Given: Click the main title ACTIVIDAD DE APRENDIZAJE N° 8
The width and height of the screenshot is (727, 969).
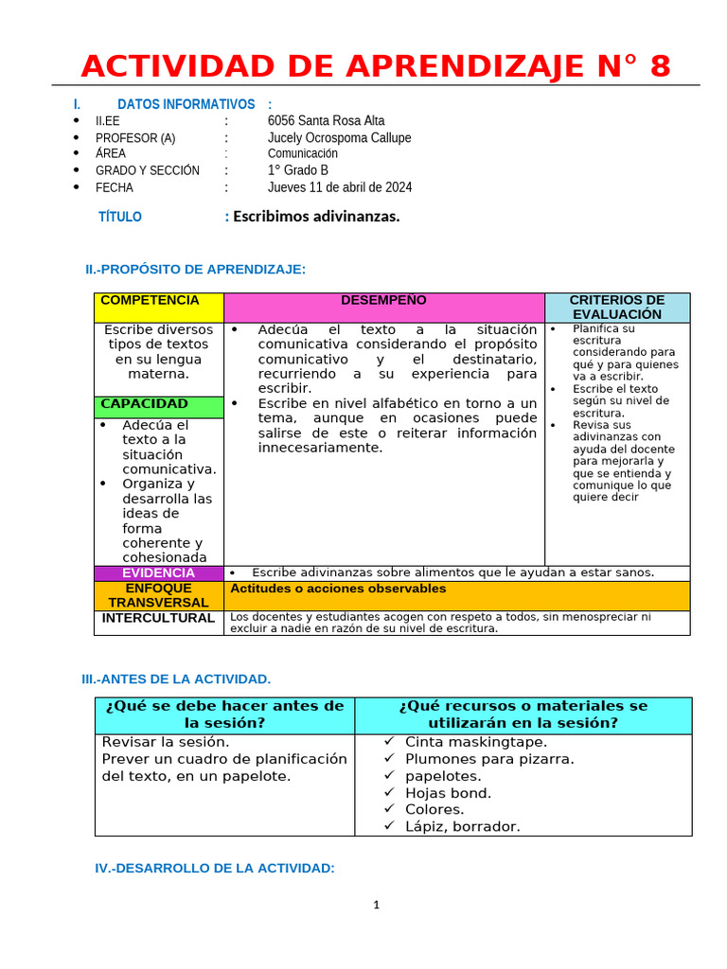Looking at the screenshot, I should click(375, 66).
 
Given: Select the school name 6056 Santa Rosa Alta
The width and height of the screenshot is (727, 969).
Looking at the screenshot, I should click(326, 121).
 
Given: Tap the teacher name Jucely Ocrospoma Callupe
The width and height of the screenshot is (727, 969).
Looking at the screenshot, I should click(339, 138).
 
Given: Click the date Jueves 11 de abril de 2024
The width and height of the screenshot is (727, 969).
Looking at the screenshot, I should click(339, 187).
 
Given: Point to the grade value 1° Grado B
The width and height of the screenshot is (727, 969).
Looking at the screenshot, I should click(297, 170).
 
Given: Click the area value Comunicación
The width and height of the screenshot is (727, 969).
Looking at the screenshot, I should click(302, 153).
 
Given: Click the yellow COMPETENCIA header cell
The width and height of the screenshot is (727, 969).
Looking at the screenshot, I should click(158, 307).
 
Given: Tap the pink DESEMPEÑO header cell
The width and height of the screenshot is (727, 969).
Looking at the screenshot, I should click(383, 307).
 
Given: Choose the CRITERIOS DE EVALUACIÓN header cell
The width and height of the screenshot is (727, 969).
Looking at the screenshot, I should click(616, 307).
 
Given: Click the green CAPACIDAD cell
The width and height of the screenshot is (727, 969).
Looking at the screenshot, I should click(158, 406).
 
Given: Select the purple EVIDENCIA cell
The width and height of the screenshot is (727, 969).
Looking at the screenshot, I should click(158, 573).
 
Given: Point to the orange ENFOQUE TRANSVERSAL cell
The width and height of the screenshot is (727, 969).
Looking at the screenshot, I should click(158, 595).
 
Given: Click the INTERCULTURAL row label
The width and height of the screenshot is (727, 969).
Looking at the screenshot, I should click(158, 618).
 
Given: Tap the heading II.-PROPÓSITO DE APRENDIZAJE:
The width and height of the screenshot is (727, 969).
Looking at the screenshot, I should click(195, 270).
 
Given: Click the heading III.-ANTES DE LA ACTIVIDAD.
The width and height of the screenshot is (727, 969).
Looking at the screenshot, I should click(177, 678).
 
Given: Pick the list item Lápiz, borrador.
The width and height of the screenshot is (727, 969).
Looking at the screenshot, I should click(462, 826).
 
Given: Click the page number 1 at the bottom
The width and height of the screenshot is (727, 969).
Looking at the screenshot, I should click(376, 905).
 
